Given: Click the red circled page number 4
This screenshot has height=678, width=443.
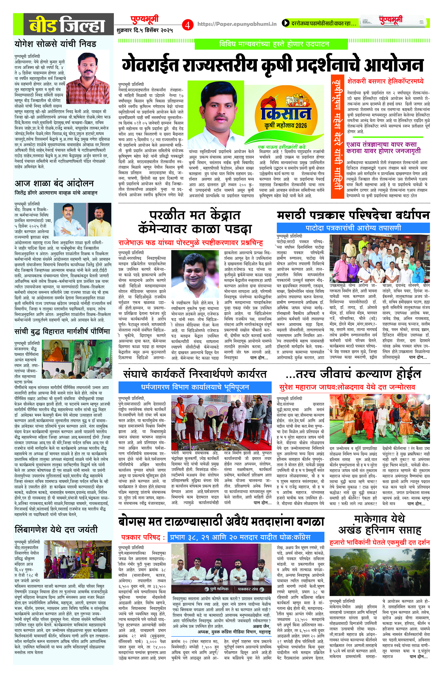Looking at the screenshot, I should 187,25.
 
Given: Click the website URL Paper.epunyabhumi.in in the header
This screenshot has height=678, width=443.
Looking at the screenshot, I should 237,25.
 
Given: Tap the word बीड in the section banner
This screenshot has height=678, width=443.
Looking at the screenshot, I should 43,26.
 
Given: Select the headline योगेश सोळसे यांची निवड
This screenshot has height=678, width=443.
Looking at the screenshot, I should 56,44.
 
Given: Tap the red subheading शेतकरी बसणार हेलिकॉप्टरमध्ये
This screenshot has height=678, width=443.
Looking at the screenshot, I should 385,81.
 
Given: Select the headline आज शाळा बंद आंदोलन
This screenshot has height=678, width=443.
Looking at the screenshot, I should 54,183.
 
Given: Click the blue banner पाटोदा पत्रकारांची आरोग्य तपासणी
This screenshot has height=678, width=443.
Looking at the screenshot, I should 353,228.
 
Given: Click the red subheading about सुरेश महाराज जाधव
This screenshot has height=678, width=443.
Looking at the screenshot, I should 347,387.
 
